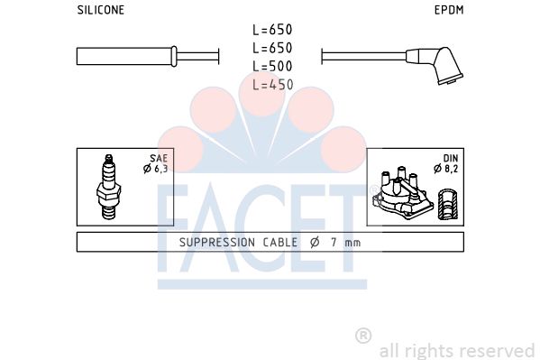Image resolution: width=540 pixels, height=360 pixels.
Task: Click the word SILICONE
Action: [x=101, y=10]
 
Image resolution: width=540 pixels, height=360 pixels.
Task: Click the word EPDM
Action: [x=449, y=10]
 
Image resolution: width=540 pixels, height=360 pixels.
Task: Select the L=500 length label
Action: [x=272, y=66]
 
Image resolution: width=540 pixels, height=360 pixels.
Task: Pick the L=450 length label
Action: [x=273, y=85]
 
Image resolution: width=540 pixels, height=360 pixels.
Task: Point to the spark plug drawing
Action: [x=108, y=187]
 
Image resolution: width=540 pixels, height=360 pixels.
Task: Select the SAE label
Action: [x=159, y=158]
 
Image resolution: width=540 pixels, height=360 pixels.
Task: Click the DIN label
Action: [x=451, y=158]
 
